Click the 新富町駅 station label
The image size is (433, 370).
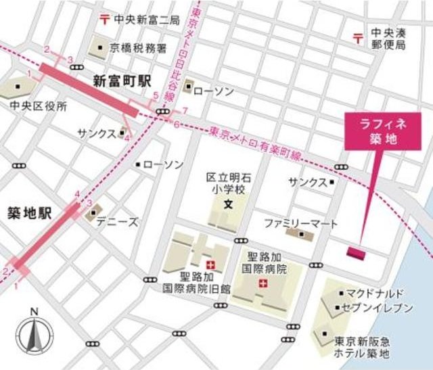tap(122, 80)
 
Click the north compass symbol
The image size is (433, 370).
tap(35, 334)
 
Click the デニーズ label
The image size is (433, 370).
tap(116, 222)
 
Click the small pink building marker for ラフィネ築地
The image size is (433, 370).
tap(356, 252)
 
